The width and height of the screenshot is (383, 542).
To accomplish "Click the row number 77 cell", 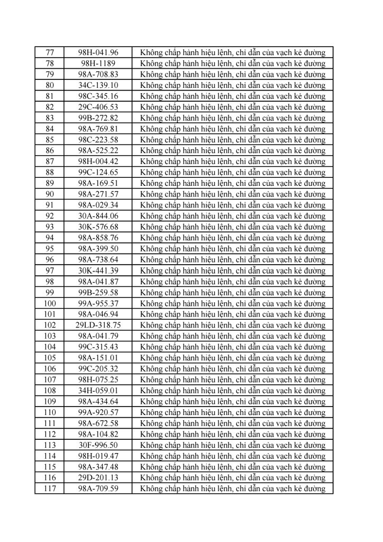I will [x=50, y=52].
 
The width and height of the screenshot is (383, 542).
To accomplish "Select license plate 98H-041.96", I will [x=98, y=52].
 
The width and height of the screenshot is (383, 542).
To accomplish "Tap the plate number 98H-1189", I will [x=98, y=63].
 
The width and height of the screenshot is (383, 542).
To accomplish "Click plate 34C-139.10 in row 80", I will [x=98, y=85].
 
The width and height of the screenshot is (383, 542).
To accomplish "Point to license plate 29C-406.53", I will [x=98, y=107].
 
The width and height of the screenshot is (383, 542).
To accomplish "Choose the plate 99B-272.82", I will [x=98, y=118].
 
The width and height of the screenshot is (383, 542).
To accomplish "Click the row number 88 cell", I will [x=50, y=172].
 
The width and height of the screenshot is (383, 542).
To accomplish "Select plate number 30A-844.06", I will [x=98, y=216].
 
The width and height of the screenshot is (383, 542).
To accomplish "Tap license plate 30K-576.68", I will [x=98, y=227].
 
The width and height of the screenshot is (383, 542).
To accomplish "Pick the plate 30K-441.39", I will [x=98, y=270].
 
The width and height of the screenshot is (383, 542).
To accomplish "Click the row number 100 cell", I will [x=50, y=303].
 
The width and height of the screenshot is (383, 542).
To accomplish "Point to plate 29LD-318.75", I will [x=98, y=325].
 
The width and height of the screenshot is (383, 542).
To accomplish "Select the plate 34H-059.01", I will [x=98, y=391].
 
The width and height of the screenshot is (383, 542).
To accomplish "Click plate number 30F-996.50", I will [x=98, y=445].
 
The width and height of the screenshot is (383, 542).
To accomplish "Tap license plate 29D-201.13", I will [x=98, y=478].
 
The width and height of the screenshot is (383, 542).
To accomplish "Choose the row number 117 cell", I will [x=50, y=489].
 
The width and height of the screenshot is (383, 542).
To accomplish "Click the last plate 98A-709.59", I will [x=98, y=489].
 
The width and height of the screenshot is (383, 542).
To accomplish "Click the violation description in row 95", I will [x=233, y=249].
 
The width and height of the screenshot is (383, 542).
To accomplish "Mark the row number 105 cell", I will [x=50, y=358].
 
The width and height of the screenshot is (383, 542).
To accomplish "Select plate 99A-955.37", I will [x=98, y=303].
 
